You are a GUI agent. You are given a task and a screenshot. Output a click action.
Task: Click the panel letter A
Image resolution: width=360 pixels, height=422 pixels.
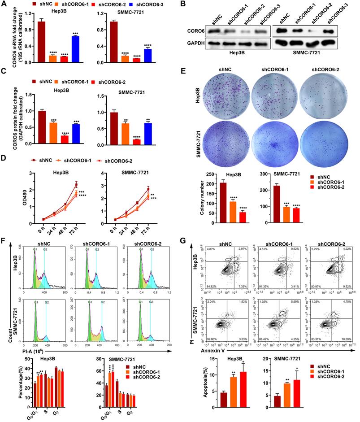(x=4, y=4)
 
